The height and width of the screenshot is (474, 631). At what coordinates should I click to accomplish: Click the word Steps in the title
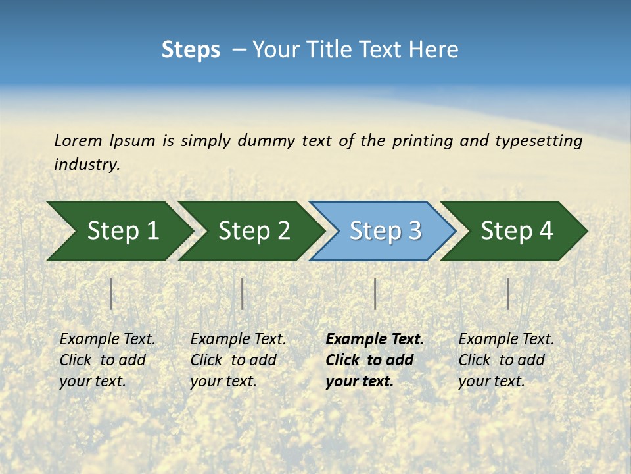coord(191,50)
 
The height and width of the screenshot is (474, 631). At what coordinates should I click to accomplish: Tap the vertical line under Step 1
coord(111,294)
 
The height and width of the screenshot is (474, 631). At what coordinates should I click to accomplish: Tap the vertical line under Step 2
coord(243,294)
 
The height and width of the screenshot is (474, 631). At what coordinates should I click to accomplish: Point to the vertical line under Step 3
coord(375,294)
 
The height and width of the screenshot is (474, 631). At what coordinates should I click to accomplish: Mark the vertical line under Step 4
coord(507,294)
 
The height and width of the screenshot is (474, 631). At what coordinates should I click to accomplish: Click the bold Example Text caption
coord(374,360)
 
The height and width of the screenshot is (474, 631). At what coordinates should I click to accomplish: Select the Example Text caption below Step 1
coord(107,360)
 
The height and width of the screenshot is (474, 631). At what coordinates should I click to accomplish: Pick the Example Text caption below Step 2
coord(238,360)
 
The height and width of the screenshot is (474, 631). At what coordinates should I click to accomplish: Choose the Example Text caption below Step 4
coord(506,360)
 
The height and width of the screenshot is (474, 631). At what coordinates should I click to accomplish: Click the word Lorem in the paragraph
coord(78,141)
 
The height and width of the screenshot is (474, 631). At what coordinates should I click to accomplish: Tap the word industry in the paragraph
coord(87,165)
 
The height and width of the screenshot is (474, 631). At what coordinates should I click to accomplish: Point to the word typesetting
coord(538,141)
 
